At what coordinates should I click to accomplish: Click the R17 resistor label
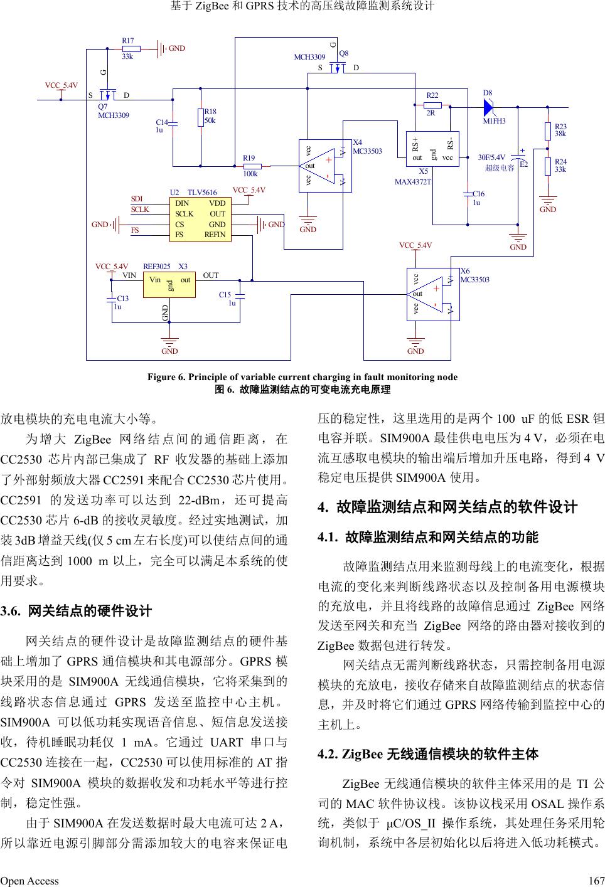(127, 41)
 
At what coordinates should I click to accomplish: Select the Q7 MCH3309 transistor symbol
(109, 94)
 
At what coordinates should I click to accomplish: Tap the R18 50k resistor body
(201, 117)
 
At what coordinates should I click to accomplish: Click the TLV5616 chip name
(202, 193)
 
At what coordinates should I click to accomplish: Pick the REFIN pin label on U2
(215, 235)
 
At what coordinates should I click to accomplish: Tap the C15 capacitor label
(225, 294)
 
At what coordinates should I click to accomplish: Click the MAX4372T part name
(413, 182)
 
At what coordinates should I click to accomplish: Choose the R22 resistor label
(432, 95)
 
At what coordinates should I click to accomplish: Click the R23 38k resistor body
(549, 130)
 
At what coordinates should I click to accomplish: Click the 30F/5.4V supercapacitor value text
(491, 157)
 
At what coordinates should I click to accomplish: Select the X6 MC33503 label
(474, 275)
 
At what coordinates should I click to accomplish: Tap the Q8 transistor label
(344, 53)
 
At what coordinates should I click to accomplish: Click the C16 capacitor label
(478, 194)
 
